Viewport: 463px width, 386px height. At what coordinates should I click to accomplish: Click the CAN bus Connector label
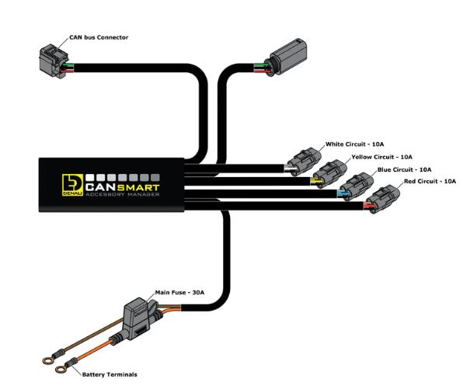pyautogui.click(x=99, y=37)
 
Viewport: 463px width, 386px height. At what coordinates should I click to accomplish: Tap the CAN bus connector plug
pyautogui.click(x=54, y=61)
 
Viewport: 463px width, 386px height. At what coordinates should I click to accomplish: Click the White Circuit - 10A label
pyautogui.click(x=355, y=144)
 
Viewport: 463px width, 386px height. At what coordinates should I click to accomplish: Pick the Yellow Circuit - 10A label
pyautogui.click(x=381, y=157)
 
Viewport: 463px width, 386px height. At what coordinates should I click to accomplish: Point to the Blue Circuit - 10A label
pyautogui.click(x=404, y=169)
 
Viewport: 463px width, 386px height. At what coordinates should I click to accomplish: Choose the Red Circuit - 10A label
pyautogui.click(x=430, y=181)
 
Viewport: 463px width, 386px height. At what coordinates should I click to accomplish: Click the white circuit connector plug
pyautogui.click(x=305, y=161)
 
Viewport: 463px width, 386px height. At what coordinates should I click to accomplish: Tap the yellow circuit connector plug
pyautogui.click(x=330, y=174)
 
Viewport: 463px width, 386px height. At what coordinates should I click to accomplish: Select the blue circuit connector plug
pyautogui.click(x=357, y=186)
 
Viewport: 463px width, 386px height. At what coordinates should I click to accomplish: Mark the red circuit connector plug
pyautogui.click(x=383, y=199)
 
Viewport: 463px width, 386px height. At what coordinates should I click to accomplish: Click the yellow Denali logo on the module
pyautogui.click(x=73, y=185)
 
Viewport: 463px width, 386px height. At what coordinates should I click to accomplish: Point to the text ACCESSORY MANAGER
pyautogui.click(x=123, y=194)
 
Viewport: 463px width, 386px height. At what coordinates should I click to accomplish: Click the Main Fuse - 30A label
pyautogui.click(x=179, y=293)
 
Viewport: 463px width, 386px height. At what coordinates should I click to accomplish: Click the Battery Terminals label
pyautogui.click(x=110, y=375)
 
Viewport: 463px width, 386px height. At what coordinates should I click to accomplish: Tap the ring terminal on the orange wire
pyautogui.click(x=61, y=369)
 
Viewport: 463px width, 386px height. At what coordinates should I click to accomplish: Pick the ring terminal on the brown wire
pyautogui.click(x=48, y=360)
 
